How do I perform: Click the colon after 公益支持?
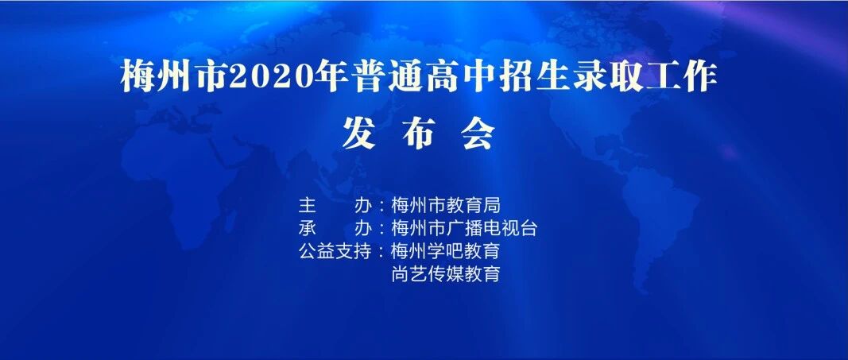[x=382, y=252]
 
